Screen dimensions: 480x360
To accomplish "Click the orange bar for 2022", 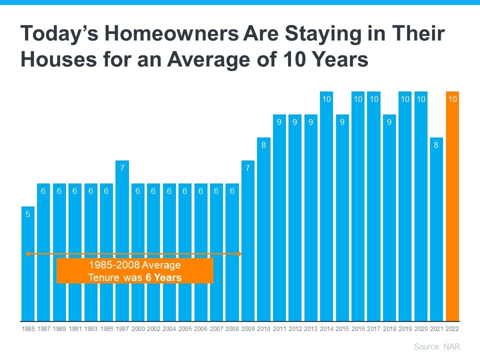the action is click(452, 206).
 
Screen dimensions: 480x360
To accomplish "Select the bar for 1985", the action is click(28, 264).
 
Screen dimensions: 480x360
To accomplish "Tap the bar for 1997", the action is click(122, 241).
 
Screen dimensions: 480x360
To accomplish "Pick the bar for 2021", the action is click(436, 229).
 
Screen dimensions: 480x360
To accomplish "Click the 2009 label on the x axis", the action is click(248, 329).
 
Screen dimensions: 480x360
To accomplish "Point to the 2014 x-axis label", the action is click(326, 329).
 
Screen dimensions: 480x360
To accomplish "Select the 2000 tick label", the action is click(138, 329).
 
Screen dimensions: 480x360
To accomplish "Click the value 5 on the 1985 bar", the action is click(28, 214).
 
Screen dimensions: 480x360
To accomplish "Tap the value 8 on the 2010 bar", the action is click(263, 145).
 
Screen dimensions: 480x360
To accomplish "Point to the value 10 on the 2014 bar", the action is click(326, 99).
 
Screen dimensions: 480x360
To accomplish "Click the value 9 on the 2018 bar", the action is click(389, 122).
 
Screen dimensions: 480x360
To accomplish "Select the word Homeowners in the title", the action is click(171, 33).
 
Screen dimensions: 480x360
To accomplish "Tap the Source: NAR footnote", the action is click(437, 346).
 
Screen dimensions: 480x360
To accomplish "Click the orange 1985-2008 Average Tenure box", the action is click(135, 271).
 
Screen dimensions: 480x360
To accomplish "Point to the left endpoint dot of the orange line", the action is click(28, 254).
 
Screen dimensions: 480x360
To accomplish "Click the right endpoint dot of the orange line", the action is click(239, 254).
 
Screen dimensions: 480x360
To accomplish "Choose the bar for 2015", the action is click(342, 218).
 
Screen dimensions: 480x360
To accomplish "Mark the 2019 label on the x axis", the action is click(405, 329).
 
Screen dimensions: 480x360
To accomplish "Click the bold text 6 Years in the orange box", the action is click(163, 277).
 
